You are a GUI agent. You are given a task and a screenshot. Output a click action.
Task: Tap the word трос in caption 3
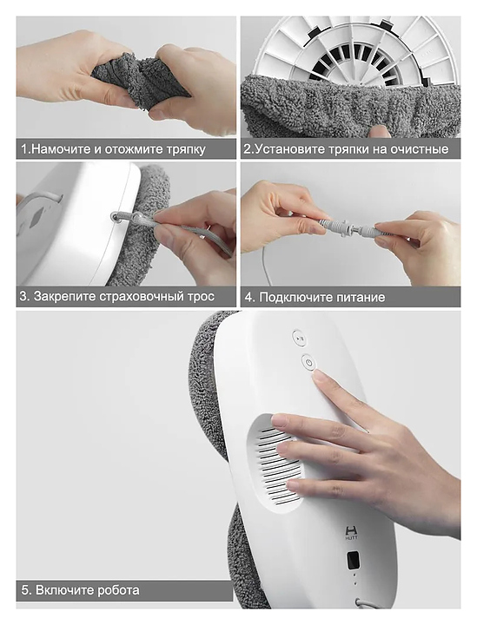201,298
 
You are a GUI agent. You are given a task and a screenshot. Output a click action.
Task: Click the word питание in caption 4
361,298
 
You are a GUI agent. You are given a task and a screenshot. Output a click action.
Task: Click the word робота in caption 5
118,591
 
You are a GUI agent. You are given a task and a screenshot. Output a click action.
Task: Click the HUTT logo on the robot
351,533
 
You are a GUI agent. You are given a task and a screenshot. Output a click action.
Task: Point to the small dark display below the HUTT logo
354,561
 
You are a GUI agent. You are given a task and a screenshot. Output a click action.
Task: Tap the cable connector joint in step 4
348,229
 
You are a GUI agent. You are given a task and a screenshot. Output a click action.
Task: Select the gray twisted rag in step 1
141,80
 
